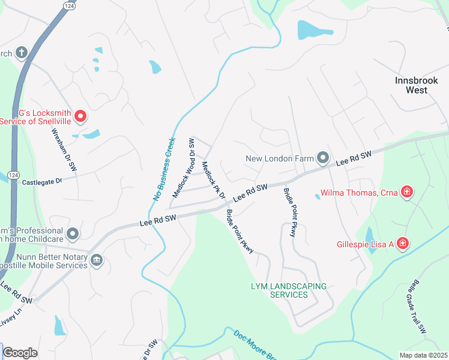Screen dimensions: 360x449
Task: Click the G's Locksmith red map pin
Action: click(79, 115)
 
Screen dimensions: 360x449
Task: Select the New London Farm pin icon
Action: click(323, 158)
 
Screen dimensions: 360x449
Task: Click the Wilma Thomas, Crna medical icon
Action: click(407, 193)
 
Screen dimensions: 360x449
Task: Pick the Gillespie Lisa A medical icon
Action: click(403, 244)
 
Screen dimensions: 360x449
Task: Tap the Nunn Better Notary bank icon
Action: click(97, 260)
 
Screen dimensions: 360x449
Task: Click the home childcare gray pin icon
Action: click(73, 233)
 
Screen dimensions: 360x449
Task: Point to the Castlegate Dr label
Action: click(42, 181)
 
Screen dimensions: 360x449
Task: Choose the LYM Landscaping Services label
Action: click(289, 290)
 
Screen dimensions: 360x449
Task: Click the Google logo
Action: click(20, 353)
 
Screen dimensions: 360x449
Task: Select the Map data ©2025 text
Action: click(423, 355)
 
